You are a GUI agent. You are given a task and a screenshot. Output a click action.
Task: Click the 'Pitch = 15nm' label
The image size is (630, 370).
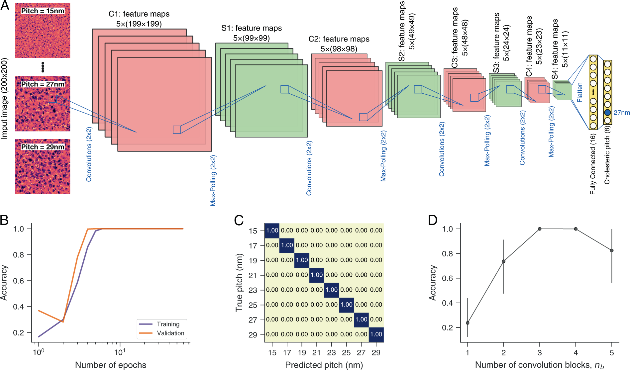pos(43,11)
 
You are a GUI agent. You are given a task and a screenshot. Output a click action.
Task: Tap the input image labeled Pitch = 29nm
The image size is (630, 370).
pos(43,166)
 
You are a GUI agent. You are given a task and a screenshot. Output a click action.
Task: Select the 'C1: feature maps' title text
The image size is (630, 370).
pos(139,14)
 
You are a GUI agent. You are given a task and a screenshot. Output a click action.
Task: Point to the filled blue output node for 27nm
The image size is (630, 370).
pos(607,113)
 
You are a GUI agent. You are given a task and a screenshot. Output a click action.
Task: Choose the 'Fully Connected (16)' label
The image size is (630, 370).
pos(593,164)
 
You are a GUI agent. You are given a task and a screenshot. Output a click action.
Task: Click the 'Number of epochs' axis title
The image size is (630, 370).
pos(111,365)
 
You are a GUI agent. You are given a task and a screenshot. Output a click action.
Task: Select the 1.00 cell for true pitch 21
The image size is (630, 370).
pos(317,275)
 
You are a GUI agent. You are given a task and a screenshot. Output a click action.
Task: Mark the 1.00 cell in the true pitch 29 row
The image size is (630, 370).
pos(376,334)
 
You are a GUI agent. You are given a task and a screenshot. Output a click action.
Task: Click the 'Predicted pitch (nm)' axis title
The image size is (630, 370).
pos(324,365)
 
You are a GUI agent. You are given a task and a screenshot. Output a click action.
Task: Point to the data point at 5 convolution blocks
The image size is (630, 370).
pos(612,250)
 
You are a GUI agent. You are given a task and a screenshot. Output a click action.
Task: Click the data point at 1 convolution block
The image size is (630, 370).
pos(468,323)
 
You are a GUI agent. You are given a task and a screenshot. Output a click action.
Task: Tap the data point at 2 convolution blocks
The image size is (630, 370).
pos(504,261)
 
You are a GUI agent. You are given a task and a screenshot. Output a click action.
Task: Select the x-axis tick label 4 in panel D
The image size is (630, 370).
pos(576,353)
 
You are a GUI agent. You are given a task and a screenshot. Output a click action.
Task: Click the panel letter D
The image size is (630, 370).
pos(433,220)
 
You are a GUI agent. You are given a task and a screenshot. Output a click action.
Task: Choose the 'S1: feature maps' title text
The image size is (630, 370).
pos(252,28)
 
